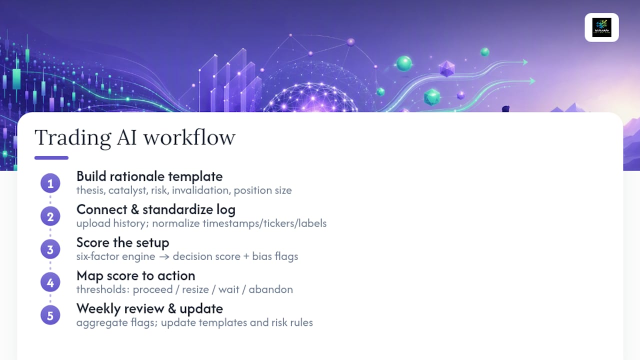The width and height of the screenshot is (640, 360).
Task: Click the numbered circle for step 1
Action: click(50, 183)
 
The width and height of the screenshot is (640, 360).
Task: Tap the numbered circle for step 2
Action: click(50, 216)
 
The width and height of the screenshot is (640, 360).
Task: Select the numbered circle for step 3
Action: click(50, 249)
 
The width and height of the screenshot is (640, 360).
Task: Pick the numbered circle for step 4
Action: click(50, 282)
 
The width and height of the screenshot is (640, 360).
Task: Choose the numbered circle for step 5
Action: click(50, 315)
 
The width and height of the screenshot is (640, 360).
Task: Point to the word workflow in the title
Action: click(189, 137)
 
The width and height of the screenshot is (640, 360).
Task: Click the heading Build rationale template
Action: click(149, 176)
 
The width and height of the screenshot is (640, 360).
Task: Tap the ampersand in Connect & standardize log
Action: click(135, 209)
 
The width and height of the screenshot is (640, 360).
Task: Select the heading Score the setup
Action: click(123, 243)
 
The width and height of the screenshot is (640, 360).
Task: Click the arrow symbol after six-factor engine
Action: click(164, 257)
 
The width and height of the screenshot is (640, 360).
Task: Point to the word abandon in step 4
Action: click(270, 289)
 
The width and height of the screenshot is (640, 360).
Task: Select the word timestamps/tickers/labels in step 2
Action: click(264, 223)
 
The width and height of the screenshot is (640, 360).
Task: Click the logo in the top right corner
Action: click(601, 27)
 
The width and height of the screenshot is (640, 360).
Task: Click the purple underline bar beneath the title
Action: click(51, 157)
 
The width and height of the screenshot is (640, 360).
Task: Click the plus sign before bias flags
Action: click(246, 256)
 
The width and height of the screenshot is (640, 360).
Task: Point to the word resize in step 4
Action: click(195, 289)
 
